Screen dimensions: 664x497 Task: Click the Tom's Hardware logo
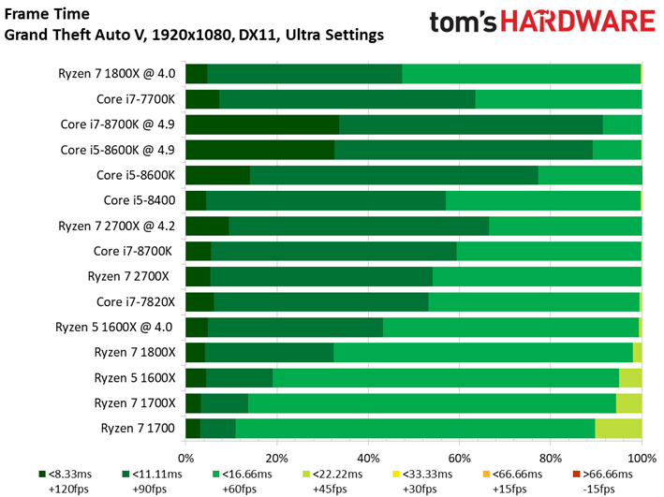(542, 22)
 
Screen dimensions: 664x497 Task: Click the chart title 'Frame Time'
(47, 14)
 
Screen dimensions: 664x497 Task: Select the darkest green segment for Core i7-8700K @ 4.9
(262, 124)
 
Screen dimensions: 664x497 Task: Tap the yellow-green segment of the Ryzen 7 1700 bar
(618, 429)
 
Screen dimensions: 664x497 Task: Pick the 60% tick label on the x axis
(459, 458)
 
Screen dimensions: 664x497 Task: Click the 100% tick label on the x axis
(642, 458)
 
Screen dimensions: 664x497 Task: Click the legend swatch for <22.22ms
(306, 475)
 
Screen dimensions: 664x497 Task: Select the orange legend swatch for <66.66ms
(486, 475)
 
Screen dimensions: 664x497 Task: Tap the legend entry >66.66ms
(602, 481)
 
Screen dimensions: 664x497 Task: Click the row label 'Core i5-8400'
(140, 200)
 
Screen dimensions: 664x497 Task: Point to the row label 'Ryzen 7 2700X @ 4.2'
(116, 226)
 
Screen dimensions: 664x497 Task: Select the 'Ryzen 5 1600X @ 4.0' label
(114, 328)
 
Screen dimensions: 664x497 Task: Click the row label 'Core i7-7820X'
(136, 301)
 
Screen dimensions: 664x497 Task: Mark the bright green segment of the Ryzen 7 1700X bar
(432, 403)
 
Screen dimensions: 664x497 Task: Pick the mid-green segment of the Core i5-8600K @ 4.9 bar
(464, 150)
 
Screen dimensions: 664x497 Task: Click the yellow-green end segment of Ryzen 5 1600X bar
(630, 378)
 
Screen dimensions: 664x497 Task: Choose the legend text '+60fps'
(239, 489)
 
